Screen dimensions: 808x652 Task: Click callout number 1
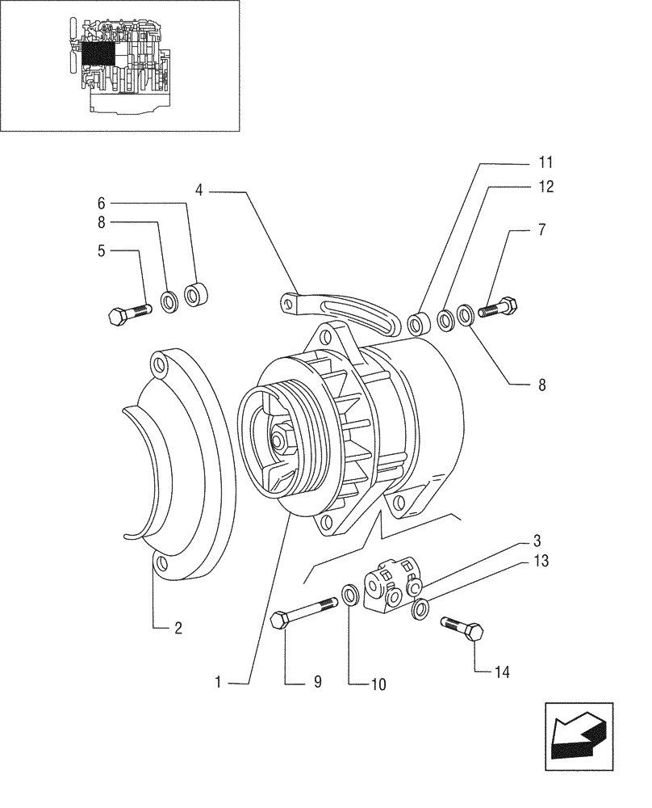pos(219,682)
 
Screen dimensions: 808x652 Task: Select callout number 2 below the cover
pos(178,627)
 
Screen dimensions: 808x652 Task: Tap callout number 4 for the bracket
pos(199,191)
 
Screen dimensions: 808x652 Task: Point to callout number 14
pos(504,671)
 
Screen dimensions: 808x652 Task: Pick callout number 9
pos(317,682)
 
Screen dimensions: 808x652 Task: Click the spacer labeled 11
pos(419,325)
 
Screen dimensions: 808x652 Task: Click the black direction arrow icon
pos(577,731)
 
